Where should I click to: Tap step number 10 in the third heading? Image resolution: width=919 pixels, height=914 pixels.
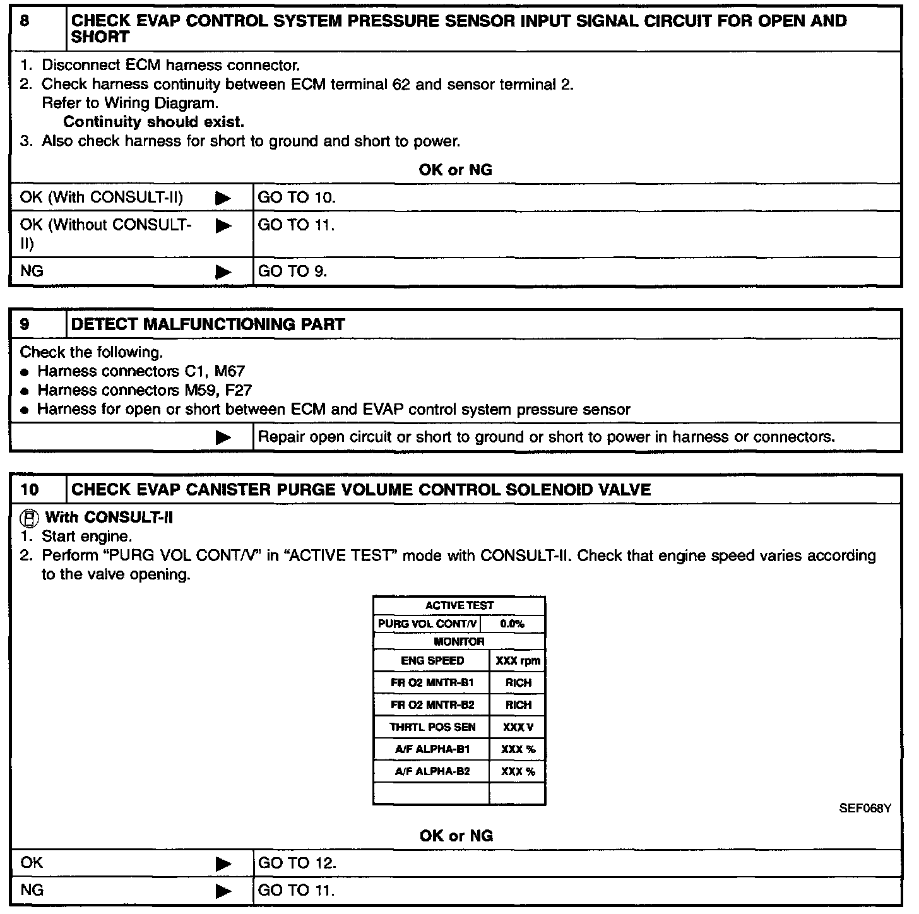pos(29,490)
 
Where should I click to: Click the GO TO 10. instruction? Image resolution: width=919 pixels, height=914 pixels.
pos(297,198)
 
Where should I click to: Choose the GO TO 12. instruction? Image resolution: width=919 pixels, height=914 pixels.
pos(297,863)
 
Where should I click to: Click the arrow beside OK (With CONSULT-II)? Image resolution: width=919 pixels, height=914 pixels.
pos(223,198)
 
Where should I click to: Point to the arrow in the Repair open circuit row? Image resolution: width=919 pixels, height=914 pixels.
pos(223,437)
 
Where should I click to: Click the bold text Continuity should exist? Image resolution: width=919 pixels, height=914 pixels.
pos(153,122)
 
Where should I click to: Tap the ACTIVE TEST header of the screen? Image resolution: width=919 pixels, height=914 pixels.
pos(459,605)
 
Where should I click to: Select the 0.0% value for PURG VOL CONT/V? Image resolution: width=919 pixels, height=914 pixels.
pos(512,624)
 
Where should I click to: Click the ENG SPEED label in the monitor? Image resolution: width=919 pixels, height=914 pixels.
pos(432,661)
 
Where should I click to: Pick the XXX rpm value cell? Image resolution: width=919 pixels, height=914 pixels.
pos(518,661)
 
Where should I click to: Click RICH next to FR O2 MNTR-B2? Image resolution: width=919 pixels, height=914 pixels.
pos(518,705)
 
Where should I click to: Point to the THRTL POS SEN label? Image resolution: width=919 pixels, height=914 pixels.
pos(432,727)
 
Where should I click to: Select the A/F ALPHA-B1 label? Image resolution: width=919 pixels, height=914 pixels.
pos(432,749)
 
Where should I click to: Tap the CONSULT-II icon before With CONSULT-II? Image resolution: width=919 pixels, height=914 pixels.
pos(28,518)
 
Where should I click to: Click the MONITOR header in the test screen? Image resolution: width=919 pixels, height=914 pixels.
pos(459,642)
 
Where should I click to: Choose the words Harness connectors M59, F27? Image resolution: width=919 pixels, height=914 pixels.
pos(145,390)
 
